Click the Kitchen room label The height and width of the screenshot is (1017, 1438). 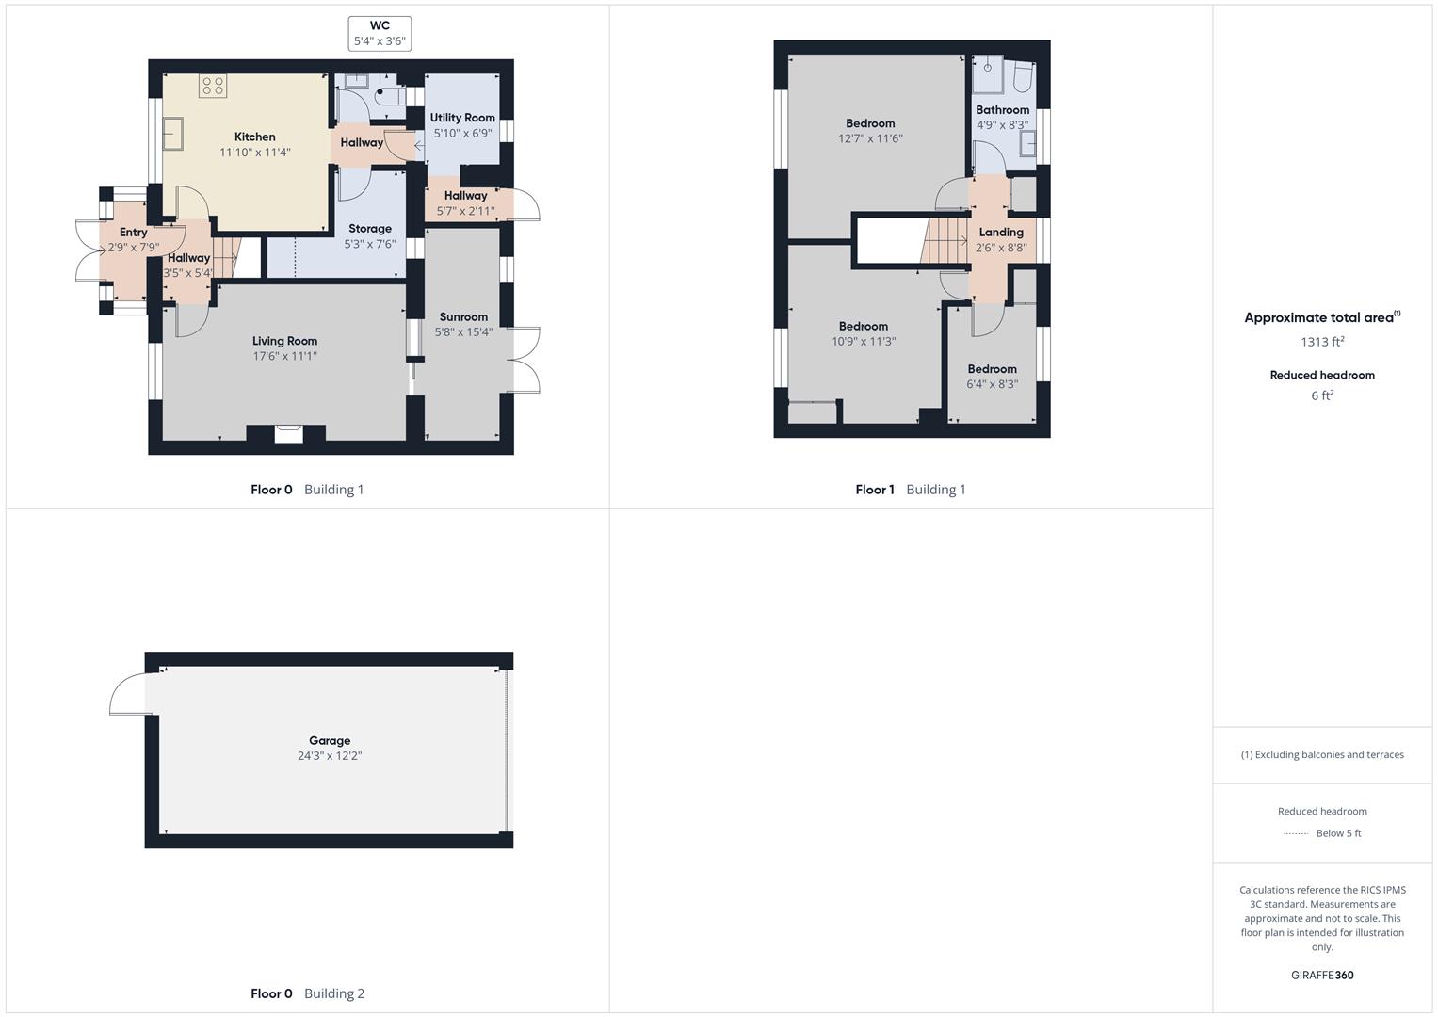[x=254, y=137]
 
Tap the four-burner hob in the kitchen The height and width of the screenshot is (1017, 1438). [x=212, y=87]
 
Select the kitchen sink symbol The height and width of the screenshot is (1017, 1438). [x=173, y=134]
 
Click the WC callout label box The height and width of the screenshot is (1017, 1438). [x=380, y=33]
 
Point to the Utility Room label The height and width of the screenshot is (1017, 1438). [x=462, y=118]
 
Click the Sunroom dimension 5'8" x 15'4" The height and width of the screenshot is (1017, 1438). [x=463, y=332]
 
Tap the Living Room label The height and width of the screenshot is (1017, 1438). [x=284, y=341]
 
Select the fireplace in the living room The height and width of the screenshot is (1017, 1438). [x=289, y=433]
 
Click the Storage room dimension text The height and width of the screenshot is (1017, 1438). [x=370, y=244]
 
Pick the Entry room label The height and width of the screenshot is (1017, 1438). [x=133, y=233]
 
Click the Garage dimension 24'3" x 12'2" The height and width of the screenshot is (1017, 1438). [x=330, y=756]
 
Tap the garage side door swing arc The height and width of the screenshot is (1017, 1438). [x=126, y=696]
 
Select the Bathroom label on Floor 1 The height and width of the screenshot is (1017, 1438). [x=1002, y=110]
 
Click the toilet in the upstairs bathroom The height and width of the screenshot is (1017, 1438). [x=1023, y=78]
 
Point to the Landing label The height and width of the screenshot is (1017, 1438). [x=1000, y=233]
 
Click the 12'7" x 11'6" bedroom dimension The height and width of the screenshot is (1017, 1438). [x=870, y=138]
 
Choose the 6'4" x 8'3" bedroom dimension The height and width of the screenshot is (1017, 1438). [x=992, y=384]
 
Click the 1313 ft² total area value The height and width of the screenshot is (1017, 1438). [x=1321, y=342]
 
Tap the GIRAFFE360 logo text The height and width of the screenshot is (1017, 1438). [x=1321, y=976]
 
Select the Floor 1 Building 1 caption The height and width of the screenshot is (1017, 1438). [x=910, y=490]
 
